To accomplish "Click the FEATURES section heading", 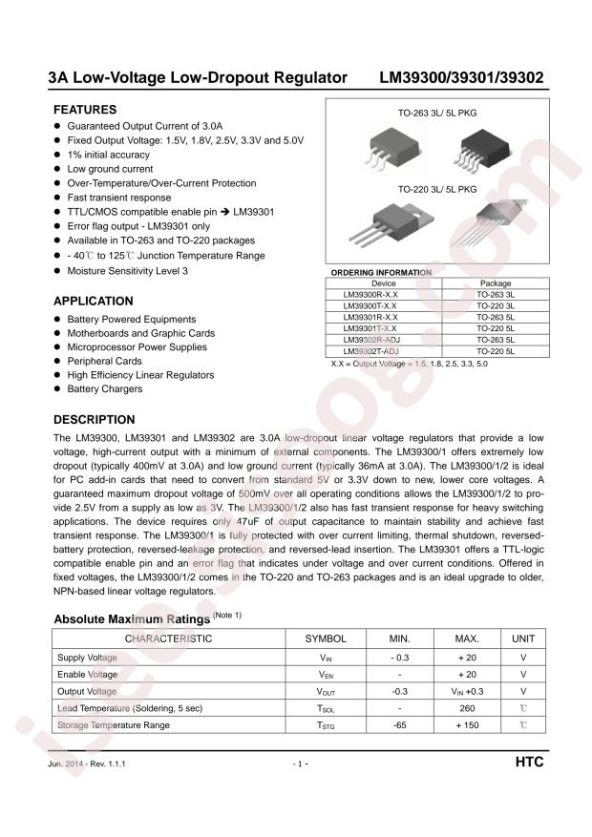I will tap(84, 110).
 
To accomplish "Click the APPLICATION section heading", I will tap(93, 301).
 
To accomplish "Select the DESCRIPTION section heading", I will tap(94, 419).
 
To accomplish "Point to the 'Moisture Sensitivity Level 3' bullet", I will tap(127, 271).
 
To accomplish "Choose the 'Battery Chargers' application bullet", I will tap(105, 389).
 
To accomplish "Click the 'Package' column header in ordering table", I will tap(495, 283).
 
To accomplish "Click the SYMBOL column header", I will tap(326, 638).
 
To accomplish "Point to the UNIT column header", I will tap(523, 638).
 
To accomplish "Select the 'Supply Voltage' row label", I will tap(88, 658).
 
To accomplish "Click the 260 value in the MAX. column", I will tap(467, 708).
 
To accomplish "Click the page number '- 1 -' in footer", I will tap(299, 765).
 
